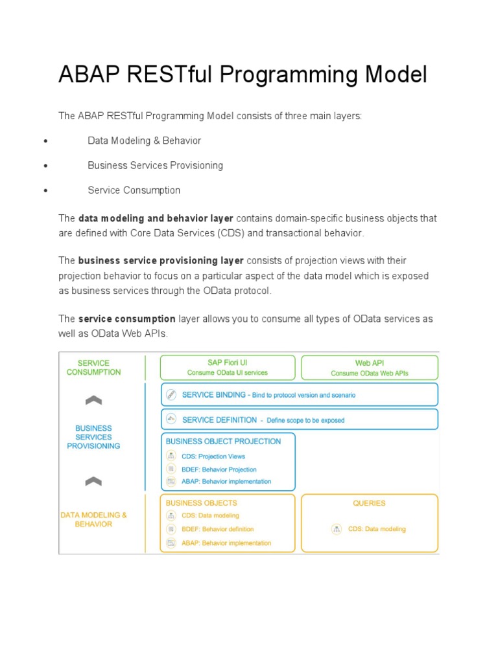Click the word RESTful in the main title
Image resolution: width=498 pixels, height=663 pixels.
174,75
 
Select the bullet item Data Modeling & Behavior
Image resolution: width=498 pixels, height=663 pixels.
144,140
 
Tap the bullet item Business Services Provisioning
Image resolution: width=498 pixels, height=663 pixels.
155,165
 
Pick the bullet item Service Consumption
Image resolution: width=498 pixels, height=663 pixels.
134,190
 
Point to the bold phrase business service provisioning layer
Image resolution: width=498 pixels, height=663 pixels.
161,260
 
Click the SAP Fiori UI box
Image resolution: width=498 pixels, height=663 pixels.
227,367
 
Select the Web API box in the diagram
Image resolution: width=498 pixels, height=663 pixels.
370,367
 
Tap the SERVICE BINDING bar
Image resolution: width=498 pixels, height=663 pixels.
300,394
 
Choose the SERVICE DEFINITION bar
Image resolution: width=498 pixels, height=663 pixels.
300,420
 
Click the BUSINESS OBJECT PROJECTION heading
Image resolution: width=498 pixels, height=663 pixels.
223,442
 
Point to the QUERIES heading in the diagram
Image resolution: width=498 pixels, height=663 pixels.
369,503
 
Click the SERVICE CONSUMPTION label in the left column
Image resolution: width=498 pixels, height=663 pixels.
93,368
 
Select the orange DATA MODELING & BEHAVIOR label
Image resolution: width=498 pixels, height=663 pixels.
93,519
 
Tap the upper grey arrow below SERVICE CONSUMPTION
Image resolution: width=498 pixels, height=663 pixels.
93,400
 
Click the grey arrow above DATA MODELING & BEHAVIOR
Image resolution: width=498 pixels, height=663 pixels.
93,481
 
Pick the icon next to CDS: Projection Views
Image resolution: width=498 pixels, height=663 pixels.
171,456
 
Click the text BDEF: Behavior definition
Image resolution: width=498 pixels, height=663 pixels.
218,529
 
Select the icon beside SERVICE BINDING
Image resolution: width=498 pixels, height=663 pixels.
171,394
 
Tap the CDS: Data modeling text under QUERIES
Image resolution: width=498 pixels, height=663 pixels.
377,529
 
